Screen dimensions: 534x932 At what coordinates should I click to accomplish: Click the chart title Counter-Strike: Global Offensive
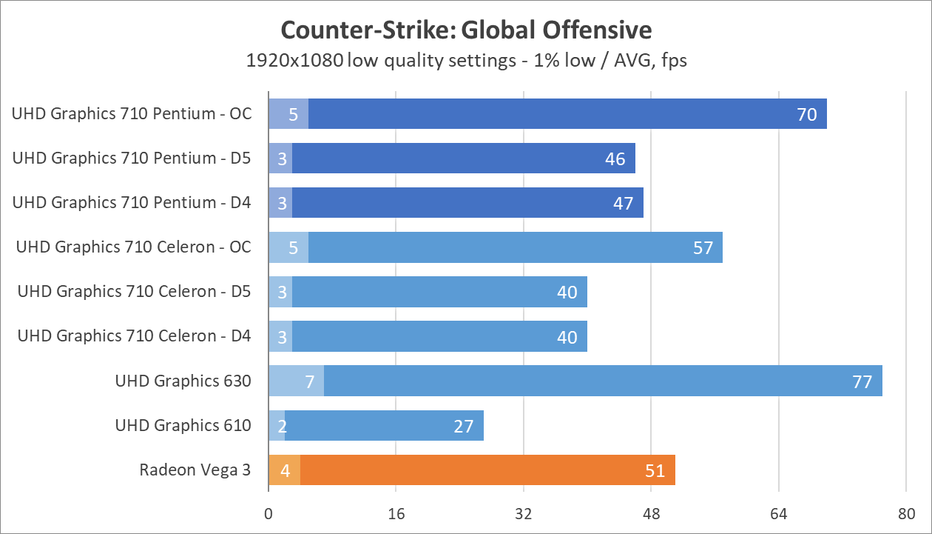click(x=466, y=30)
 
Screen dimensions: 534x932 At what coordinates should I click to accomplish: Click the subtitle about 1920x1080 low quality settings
click(x=466, y=60)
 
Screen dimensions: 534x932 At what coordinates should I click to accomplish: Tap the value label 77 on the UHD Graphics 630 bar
click(x=862, y=381)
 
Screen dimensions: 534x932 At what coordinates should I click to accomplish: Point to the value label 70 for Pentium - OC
click(x=807, y=114)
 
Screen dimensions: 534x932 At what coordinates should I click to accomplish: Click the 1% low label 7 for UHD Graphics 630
click(x=310, y=381)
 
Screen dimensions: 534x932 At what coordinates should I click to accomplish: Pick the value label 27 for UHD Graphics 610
click(x=464, y=426)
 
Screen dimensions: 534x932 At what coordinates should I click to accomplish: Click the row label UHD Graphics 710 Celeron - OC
click(x=134, y=247)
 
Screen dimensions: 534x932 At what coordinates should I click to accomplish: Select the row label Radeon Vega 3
click(x=195, y=470)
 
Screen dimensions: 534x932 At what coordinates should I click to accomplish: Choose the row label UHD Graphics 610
click(x=183, y=425)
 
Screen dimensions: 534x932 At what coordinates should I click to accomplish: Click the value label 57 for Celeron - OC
click(x=703, y=247)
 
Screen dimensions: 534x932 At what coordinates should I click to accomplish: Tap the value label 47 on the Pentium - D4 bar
click(x=624, y=203)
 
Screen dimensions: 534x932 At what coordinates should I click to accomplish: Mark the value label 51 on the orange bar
click(x=655, y=470)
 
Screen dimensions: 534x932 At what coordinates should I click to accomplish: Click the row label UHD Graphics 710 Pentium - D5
click(x=132, y=158)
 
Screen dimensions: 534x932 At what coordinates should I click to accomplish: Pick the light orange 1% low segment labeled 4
click(x=285, y=470)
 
